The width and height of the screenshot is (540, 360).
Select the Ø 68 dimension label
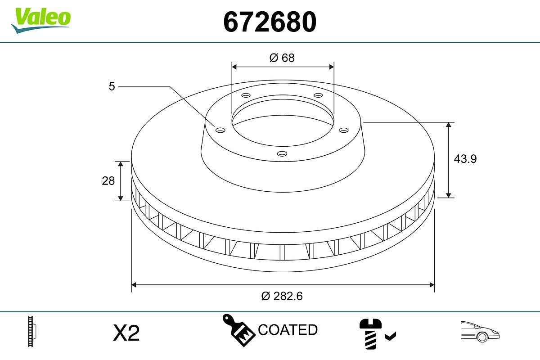282,58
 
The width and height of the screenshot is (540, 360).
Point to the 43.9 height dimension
465,159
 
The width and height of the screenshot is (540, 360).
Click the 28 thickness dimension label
108,180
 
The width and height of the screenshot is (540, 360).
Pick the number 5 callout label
112,86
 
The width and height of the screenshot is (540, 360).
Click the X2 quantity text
126,333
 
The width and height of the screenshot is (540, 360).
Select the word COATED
288,330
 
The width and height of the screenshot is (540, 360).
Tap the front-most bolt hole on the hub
282,154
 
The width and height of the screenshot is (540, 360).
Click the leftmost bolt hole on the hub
220,130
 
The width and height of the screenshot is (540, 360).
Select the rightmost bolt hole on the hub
344,130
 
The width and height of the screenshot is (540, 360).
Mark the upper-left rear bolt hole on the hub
246,95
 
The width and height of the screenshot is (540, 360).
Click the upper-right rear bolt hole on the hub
319,95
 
